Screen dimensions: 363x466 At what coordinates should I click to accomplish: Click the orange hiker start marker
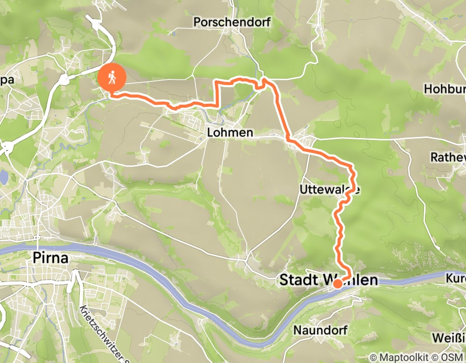[112, 78]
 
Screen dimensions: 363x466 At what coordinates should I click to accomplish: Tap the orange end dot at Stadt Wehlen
[337, 284]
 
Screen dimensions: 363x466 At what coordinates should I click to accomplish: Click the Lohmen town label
[230, 133]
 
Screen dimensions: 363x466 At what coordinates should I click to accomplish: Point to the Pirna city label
[50, 258]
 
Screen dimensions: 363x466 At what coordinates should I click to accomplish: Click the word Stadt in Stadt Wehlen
[299, 280]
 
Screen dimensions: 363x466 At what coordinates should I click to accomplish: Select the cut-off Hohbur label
[444, 89]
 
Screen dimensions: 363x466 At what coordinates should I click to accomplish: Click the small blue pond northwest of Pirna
[3, 178]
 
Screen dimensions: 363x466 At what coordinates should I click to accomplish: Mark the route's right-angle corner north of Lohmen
[217, 82]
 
